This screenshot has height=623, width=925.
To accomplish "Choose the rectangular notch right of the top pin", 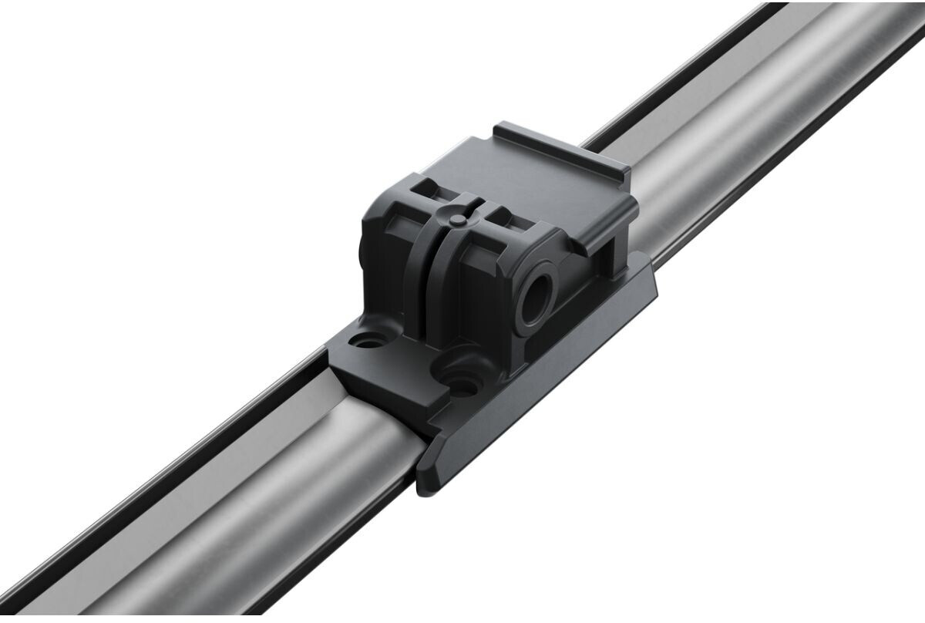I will [x=501, y=217].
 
